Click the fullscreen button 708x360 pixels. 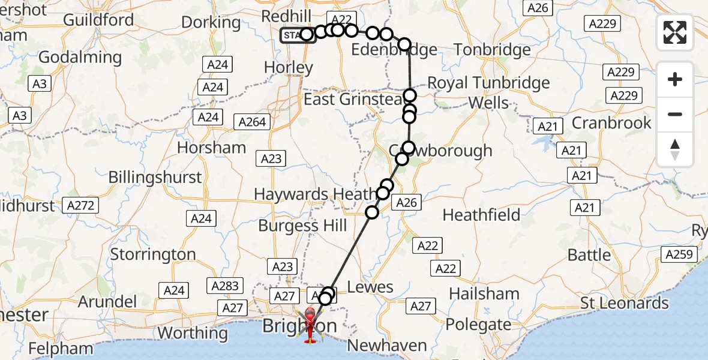point(675,32)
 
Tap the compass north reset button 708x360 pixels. point(675,149)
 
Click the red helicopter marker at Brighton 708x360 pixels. point(310,324)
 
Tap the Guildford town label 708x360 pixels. point(98,19)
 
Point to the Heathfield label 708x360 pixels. point(481,214)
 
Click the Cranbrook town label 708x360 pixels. point(611,123)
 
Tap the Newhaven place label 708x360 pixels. point(387,346)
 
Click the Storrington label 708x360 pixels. point(153,254)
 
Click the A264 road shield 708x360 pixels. point(252,122)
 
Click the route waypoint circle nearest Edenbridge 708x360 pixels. point(404,44)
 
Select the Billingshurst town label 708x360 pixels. point(155,178)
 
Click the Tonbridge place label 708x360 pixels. point(492,50)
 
